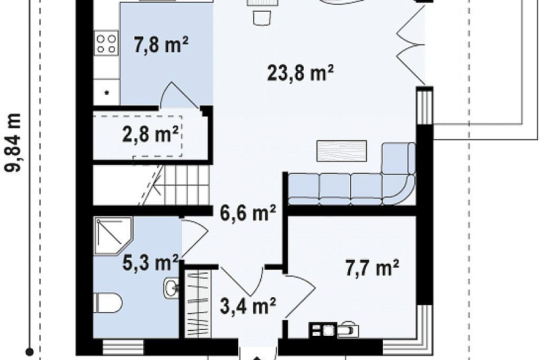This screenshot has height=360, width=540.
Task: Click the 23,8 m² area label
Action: [300, 73]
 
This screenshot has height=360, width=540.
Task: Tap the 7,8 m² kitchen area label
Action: [161, 45]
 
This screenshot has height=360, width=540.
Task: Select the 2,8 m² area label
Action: [151, 134]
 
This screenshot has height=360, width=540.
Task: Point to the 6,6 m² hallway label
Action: [248, 213]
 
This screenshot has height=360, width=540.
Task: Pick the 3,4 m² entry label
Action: [248, 306]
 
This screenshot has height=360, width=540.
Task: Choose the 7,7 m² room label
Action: [372, 268]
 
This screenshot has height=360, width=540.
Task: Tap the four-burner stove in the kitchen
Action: [106, 44]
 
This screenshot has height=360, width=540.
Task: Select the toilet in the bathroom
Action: [107, 302]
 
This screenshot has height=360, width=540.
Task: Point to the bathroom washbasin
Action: [170, 287]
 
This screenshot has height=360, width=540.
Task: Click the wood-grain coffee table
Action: [341, 151]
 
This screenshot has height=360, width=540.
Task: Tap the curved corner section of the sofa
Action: [399, 188]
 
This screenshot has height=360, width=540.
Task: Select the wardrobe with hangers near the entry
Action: [198, 303]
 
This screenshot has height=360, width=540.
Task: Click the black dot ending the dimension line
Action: [30, 351]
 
